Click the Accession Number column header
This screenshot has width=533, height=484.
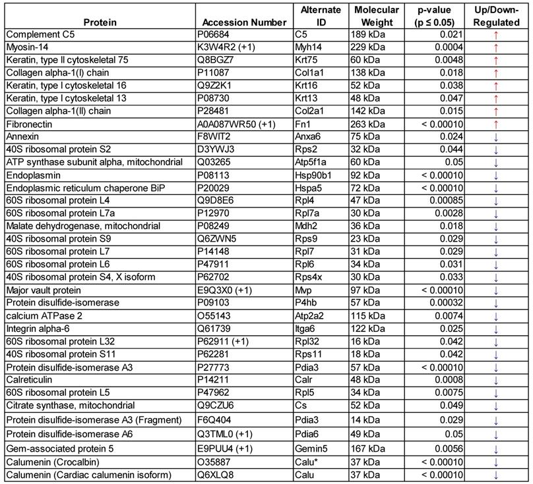(244, 22)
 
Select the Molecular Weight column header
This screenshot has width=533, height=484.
(377, 16)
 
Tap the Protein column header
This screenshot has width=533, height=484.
(100, 22)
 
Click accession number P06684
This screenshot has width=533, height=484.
(214, 34)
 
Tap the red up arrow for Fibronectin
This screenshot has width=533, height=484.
(496, 124)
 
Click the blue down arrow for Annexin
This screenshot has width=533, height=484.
(496, 136)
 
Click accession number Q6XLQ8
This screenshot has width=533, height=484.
(214, 475)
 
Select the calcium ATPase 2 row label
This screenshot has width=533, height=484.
(44, 315)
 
